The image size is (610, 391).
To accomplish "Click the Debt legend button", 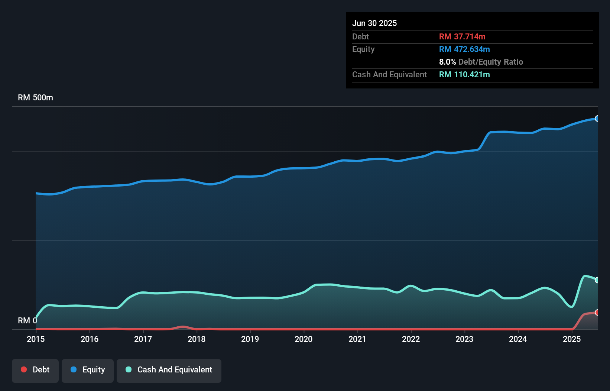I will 35,370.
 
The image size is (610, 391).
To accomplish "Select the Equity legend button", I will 88,370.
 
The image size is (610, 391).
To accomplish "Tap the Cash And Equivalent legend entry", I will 169,370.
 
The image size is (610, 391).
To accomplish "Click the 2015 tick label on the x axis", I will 36,339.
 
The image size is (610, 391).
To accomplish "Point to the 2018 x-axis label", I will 197,339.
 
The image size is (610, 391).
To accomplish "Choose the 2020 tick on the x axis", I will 304,339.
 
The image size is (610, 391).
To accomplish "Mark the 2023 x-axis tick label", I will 464,339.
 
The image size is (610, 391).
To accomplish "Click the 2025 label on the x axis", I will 571,339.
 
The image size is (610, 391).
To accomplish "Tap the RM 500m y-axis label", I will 35,98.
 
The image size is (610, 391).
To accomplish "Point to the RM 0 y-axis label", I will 27,320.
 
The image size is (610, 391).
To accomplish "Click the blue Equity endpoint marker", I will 597,119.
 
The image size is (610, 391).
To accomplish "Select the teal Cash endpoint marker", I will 597,280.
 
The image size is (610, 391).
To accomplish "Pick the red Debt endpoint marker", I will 597,312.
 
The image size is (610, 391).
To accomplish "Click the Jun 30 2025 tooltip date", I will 374,23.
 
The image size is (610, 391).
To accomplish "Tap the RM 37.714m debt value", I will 462,36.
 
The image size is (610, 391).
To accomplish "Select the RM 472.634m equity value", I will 464,49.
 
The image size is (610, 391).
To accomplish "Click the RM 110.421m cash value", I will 464,74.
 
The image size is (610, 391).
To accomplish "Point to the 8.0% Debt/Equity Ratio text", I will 481,62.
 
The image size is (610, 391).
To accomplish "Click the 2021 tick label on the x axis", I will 357,339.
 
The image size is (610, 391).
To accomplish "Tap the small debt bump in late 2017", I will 182,327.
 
